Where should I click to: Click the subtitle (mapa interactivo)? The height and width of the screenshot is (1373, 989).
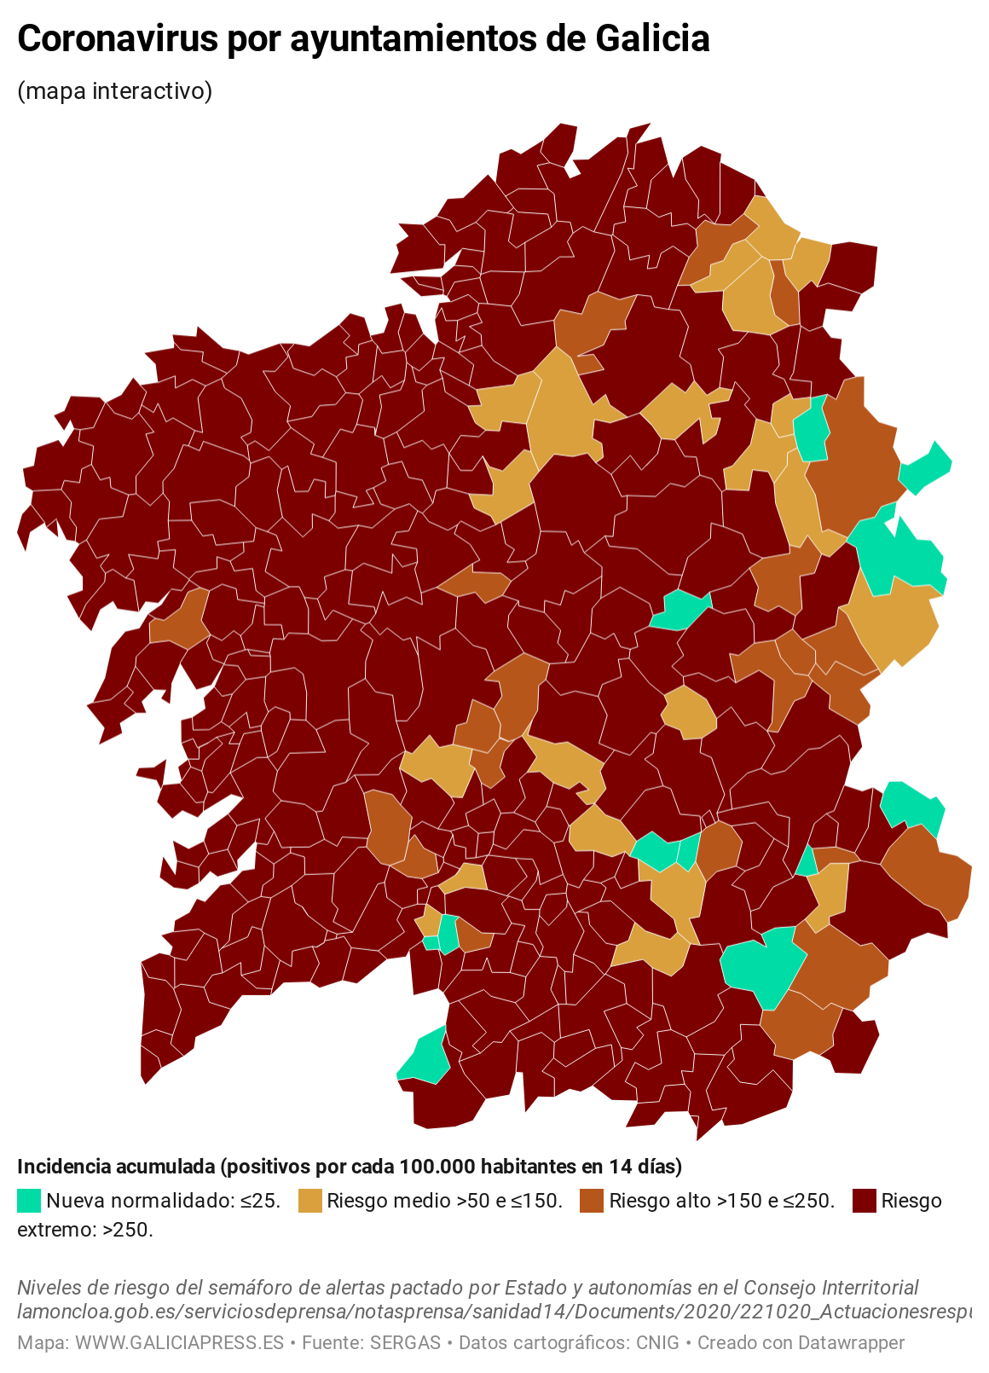[114, 90]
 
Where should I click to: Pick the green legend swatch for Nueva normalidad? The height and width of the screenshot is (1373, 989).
[28, 1201]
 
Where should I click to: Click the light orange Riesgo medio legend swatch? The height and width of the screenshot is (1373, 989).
[309, 1201]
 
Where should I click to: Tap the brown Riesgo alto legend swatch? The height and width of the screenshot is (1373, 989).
[591, 1201]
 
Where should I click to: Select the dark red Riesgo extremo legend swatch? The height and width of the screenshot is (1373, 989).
[864, 1201]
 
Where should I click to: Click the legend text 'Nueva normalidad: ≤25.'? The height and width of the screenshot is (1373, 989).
[163, 1201]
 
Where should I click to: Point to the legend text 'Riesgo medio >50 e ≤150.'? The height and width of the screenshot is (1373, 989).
[444, 1201]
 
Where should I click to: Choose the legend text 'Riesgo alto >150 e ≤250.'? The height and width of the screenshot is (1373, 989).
[721, 1201]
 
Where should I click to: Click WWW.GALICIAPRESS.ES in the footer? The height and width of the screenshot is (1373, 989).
[179, 1342]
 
